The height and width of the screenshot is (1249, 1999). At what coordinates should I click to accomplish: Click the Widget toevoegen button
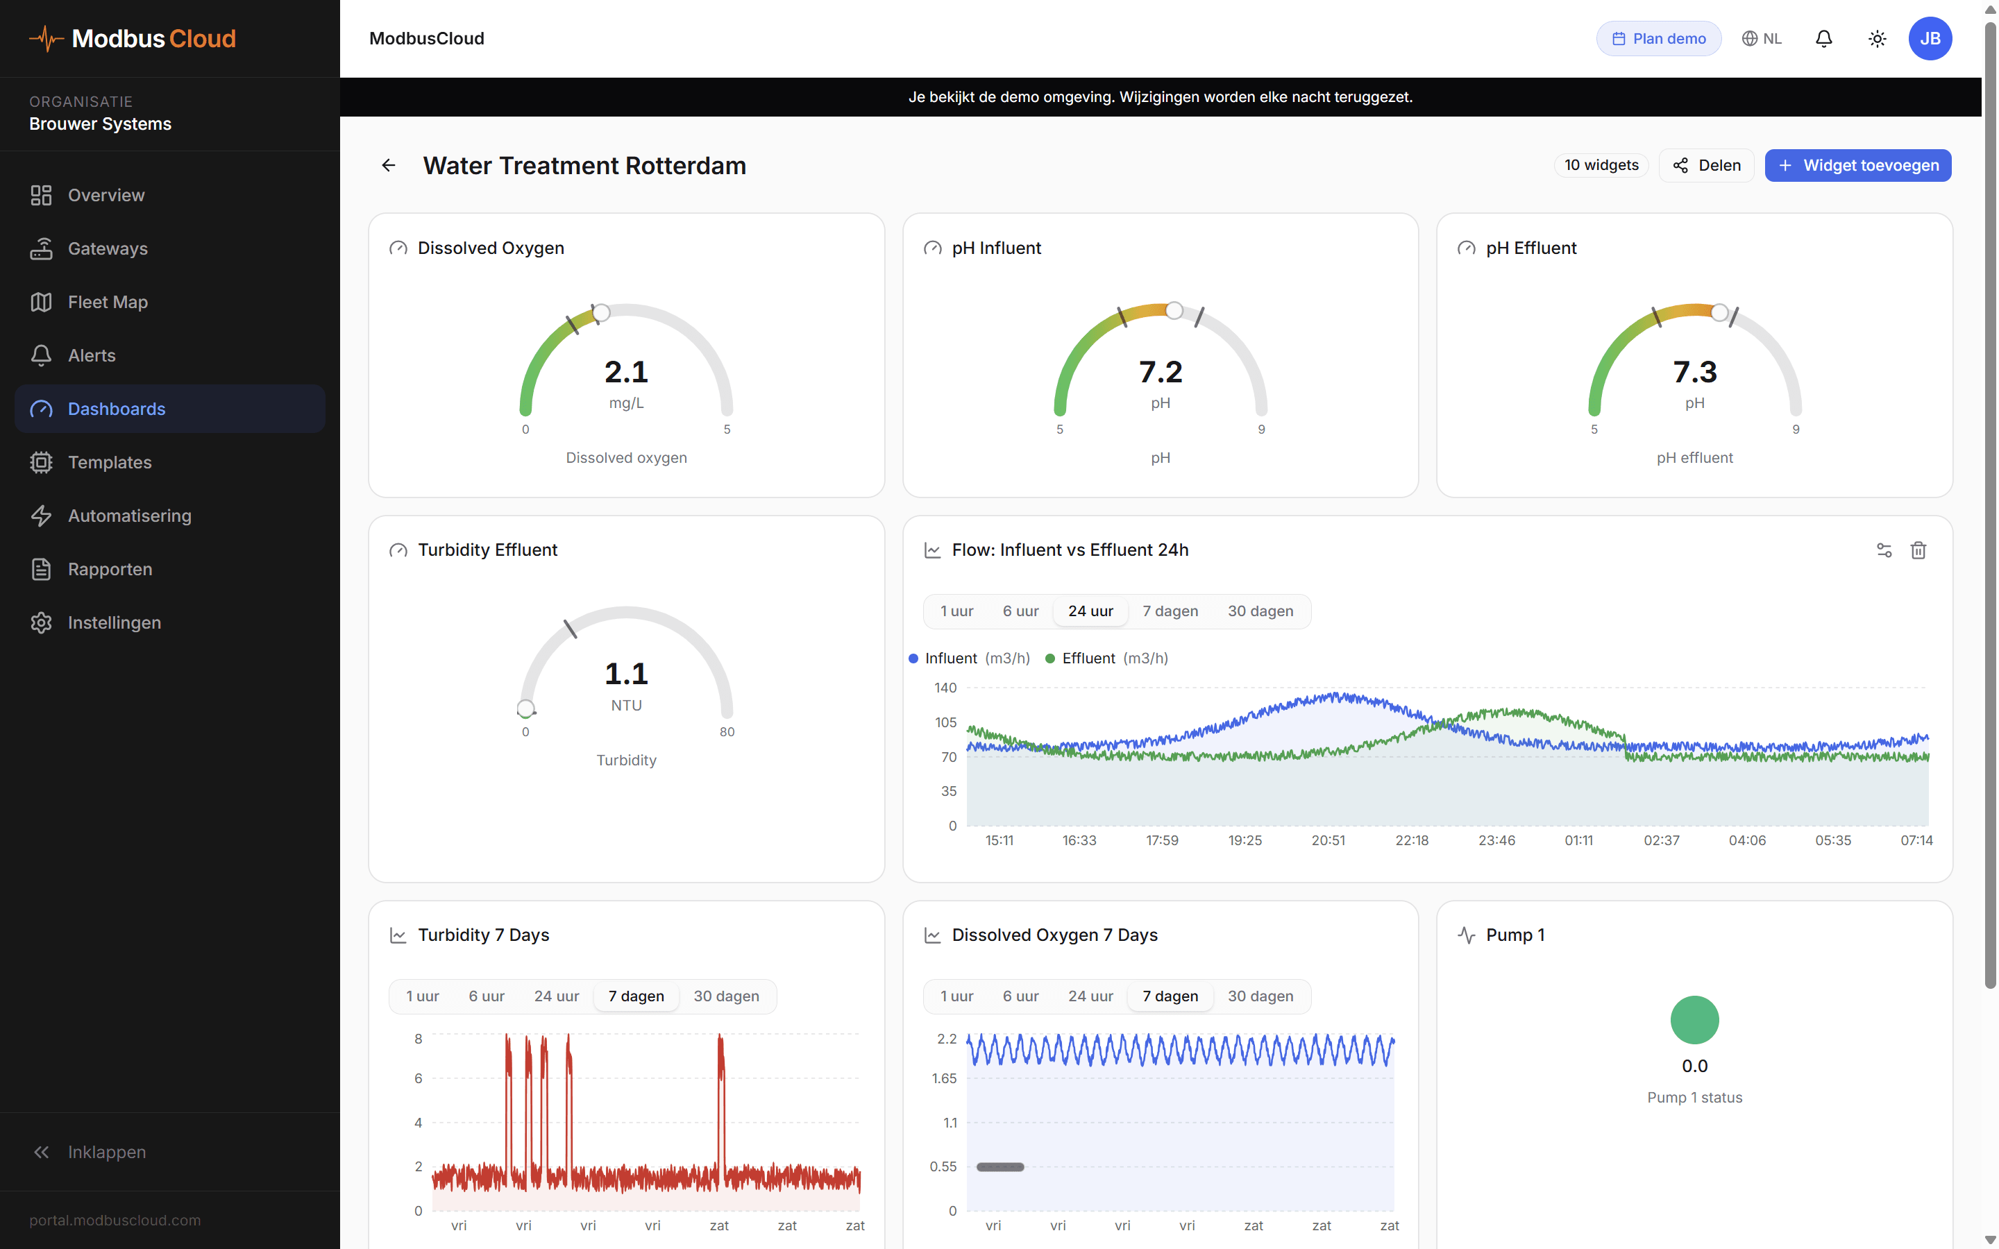pyautogui.click(x=1857, y=165)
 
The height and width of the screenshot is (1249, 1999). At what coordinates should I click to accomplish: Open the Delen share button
pyautogui.click(x=1706, y=165)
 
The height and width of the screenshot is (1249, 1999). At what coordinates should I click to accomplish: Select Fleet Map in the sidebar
pyautogui.click(x=108, y=303)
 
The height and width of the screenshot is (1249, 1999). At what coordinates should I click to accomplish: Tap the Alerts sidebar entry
pyautogui.click(x=92, y=355)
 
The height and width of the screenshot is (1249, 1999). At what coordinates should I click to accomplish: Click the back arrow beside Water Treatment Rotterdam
pyautogui.click(x=388, y=165)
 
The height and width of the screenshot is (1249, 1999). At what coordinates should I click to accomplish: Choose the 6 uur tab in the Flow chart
pyautogui.click(x=1020, y=611)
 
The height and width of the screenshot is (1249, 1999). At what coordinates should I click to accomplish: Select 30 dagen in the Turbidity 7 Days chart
pyautogui.click(x=725, y=996)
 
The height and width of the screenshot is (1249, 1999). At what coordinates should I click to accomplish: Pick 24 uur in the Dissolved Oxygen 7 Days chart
pyautogui.click(x=1090, y=996)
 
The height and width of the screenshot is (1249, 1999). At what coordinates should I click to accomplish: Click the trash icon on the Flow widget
pyautogui.click(x=1918, y=550)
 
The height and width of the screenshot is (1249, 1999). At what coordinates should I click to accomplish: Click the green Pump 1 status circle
pyautogui.click(x=1694, y=1020)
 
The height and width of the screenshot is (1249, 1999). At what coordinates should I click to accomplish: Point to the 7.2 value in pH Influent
pyautogui.click(x=1160, y=373)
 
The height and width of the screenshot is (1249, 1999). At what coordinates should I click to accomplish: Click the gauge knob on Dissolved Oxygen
pyautogui.click(x=601, y=312)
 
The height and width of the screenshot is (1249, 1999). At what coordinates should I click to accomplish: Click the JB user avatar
pyautogui.click(x=1929, y=39)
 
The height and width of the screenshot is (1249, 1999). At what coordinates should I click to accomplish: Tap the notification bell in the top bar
pyautogui.click(x=1823, y=39)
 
